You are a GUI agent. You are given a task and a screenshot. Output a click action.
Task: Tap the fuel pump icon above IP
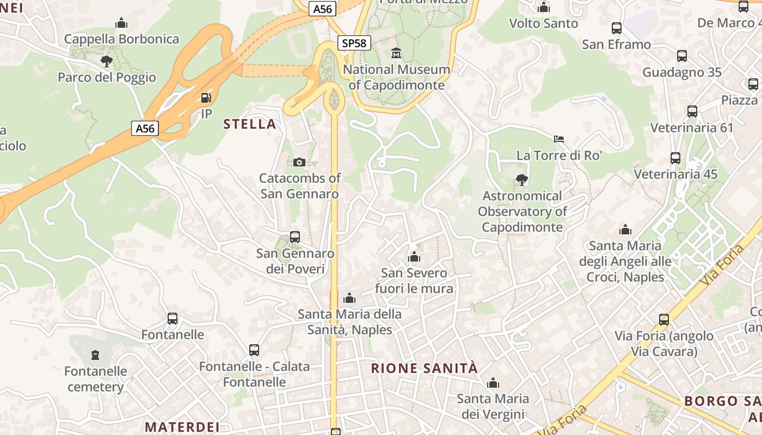tap(206, 98)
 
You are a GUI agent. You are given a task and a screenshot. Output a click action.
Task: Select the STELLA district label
tap(250, 124)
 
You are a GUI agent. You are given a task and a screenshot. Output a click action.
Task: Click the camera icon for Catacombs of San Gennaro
tap(299, 162)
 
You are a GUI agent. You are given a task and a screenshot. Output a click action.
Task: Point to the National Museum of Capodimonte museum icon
tap(396, 53)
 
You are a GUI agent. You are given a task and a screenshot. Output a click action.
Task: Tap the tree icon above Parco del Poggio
tap(107, 61)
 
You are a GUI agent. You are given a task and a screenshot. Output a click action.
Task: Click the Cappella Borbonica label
tap(121, 39)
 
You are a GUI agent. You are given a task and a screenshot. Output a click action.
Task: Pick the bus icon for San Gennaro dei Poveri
tap(295, 237)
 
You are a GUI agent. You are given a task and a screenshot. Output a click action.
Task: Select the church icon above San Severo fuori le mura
tap(414, 257)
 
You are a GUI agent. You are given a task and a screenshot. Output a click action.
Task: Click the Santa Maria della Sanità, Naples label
tap(350, 322)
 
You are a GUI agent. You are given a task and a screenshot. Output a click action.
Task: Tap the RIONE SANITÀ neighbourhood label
tap(425, 368)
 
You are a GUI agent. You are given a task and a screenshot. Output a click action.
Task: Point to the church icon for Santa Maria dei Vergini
tap(493, 383)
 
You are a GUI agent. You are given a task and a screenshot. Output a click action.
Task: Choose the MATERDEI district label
tap(182, 426)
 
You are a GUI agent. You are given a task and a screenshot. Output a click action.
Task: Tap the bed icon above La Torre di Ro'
tap(559, 139)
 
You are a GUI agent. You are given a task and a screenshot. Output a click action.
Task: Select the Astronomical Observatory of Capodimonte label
tap(523, 212)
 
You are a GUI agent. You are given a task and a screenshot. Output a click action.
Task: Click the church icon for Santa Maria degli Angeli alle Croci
tap(625, 230)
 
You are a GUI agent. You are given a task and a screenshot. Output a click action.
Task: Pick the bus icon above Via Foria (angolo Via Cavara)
tap(664, 320)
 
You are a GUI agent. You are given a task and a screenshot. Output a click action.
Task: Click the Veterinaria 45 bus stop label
tap(675, 175)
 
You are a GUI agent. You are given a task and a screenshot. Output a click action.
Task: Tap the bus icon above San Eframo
tap(617, 28)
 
